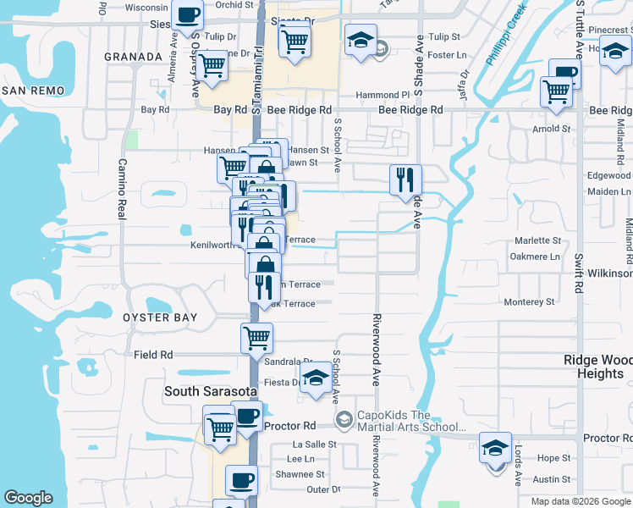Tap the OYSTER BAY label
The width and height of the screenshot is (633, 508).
[160, 317]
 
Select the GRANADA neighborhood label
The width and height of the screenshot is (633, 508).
[132, 57]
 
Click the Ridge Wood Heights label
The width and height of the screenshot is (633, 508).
[598, 367]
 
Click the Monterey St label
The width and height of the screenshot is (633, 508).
[528, 302]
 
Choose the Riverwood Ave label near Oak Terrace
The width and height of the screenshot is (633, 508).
[373, 349]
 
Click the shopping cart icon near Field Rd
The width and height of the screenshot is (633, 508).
[256, 338]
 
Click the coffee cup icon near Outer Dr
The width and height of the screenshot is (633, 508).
[241, 480]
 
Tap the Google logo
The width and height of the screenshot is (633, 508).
[28, 498]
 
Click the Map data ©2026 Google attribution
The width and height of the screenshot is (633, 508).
[581, 501]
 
